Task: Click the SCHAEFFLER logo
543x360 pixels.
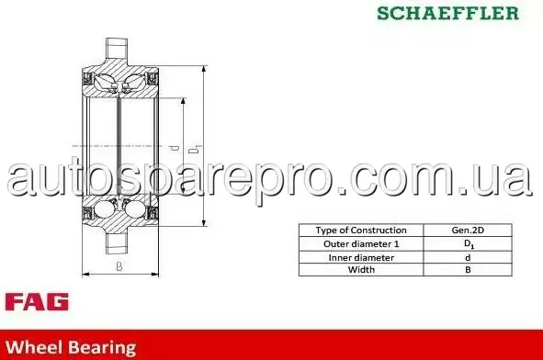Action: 447,13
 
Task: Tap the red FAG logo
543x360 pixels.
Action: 37,301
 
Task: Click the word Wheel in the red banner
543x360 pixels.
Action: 34,347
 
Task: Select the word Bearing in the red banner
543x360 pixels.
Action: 102,348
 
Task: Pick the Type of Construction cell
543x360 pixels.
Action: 361,231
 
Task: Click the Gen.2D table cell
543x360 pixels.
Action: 468,231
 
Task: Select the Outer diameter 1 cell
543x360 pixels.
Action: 361,244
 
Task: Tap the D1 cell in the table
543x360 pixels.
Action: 468,244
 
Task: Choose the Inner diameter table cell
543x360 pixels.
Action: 361,257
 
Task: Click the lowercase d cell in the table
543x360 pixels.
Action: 468,257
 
